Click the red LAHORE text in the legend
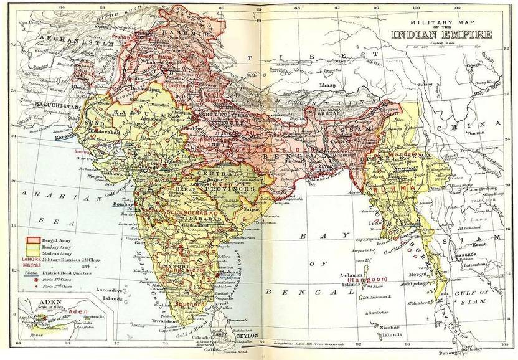32,259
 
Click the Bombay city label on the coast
124,204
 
